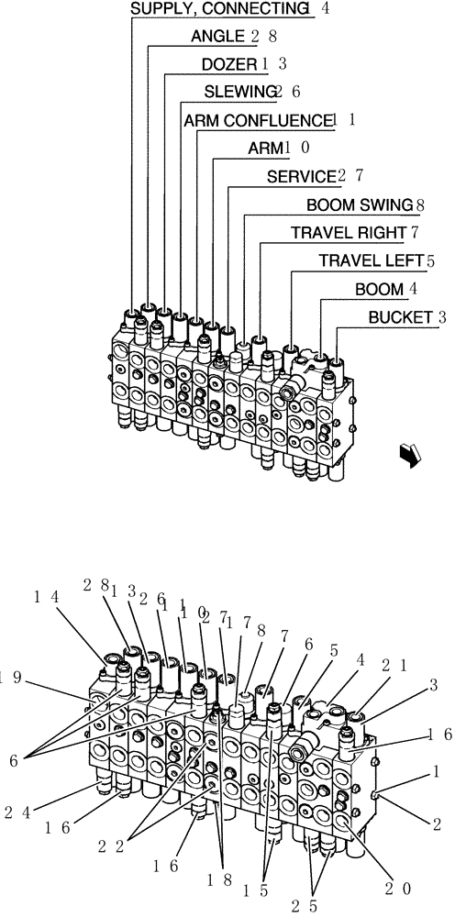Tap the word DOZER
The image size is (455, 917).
tap(228, 64)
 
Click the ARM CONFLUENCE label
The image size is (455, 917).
tap(256, 120)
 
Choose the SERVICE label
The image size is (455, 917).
tap(299, 175)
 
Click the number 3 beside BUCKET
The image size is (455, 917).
tap(442, 317)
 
